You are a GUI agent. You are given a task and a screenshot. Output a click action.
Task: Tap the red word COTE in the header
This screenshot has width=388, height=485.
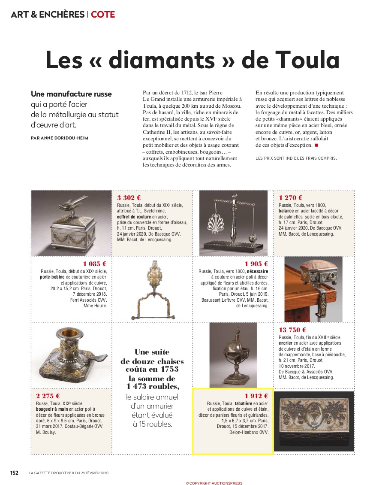click(x=103, y=14)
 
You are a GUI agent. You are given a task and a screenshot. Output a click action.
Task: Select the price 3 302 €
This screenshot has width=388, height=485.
click(x=129, y=197)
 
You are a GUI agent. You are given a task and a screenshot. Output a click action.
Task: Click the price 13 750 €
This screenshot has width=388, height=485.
click(x=292, y=330)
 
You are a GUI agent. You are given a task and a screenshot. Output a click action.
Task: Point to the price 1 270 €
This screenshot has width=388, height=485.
click(x=291, y=197)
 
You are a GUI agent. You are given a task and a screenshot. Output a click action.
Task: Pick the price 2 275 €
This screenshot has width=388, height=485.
click(x=48, y=396)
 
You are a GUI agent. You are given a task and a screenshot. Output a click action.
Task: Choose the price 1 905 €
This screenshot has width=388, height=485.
click(x=256, y=264)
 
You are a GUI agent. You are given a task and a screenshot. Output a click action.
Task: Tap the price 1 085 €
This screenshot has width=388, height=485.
click(x=95, y=264)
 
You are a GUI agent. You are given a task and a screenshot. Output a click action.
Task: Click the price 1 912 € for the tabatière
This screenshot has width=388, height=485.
click(x=256, y=396)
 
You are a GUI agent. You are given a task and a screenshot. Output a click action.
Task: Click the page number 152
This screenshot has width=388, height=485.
click(x=14, y=473)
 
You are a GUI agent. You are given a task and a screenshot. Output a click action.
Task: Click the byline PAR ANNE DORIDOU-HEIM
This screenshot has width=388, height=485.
click(x=60, y=138)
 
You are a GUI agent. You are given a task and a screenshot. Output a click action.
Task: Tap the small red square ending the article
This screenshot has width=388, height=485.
click(x=316, y=145)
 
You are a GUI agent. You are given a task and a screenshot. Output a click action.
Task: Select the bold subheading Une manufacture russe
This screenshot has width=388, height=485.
click(x=71, y=94)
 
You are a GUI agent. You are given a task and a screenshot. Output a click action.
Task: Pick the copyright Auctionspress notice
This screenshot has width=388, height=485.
click(x=214, y=483)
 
